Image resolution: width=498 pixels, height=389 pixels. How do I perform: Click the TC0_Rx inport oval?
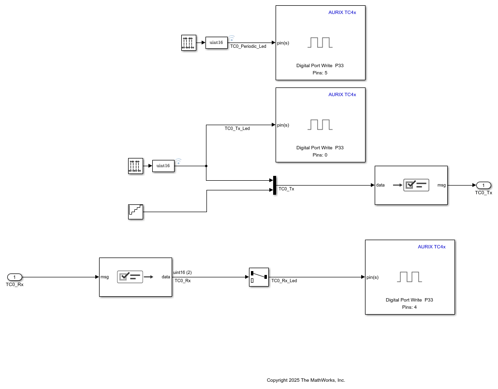point(15,277)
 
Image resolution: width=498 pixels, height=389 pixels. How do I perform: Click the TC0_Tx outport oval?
point(483,185)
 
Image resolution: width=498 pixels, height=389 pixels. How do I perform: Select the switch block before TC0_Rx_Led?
point(259,277)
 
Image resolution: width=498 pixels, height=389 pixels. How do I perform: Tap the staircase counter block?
point(135,212)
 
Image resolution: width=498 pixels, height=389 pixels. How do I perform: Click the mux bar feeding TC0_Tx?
point(275,186)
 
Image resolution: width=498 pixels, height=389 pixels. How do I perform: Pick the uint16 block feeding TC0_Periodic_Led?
point(217,43)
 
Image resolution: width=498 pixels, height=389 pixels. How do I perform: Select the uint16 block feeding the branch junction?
point(163,166)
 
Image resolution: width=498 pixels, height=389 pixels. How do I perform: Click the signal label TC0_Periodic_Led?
point(248,46)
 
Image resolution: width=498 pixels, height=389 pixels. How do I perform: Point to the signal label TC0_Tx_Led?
point(237,129)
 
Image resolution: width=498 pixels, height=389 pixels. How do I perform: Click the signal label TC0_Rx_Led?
point(284,281)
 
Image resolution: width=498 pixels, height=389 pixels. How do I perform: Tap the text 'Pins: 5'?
point(320,72)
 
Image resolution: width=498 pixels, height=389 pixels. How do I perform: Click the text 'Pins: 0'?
point(320,155)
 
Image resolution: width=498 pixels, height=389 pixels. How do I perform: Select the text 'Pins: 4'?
point(410,307)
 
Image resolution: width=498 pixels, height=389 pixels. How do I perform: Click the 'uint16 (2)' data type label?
point(182,273)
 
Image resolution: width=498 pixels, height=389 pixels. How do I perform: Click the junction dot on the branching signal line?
point(206,166)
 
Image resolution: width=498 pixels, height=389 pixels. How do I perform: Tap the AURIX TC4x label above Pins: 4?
point(432,247)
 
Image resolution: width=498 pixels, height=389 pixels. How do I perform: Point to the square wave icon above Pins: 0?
point(320,125)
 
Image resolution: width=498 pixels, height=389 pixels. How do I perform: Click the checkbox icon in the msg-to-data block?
point(130,277)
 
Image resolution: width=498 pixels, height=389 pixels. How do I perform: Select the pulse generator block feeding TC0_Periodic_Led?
point(189,43)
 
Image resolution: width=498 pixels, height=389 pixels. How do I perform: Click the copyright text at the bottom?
point(306,380)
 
